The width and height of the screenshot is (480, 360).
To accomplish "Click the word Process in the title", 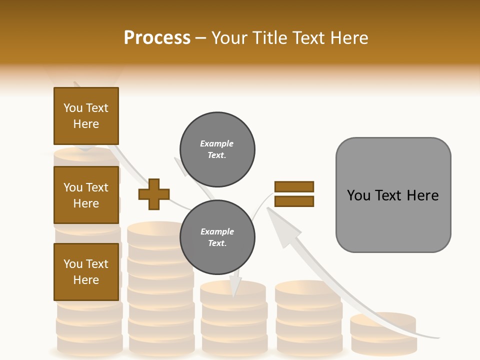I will coord(157,38).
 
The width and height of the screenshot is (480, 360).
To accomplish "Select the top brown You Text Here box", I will coord(86,116).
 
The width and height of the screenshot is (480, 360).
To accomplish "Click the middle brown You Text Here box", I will coord(86,195).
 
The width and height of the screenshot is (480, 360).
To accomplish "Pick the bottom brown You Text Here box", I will coord(86,272).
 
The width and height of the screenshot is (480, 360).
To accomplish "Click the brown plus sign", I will coord(154,194).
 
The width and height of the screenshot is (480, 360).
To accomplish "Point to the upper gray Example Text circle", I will coord(217,149).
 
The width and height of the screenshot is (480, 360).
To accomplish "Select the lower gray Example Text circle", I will coord(217,237).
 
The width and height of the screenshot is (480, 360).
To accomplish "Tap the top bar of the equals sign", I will coord(294,187).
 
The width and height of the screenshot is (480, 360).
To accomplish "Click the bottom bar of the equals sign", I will coord(294,201).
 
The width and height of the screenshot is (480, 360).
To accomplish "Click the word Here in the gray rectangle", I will coord(423,195).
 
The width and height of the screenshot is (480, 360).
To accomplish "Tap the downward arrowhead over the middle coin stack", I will coord(234,289).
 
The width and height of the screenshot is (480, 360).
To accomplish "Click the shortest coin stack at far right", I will coord(383,332).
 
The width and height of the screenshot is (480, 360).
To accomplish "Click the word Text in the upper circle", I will coord(217,155).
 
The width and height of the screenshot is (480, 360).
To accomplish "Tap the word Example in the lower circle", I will coord(217,231).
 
